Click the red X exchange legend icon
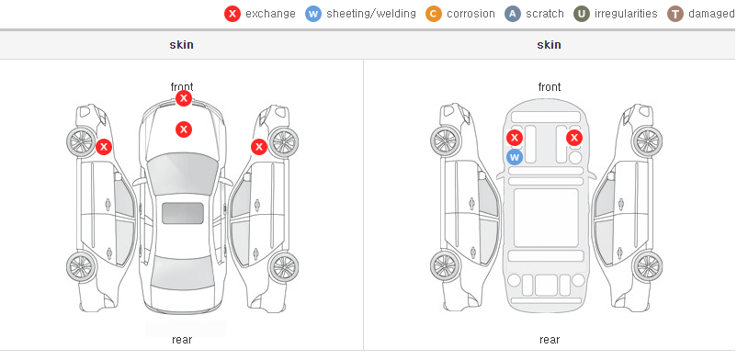(232, 14)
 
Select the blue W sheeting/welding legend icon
(313, 14)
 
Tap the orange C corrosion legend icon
(434, 14)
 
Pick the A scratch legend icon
(513, 14)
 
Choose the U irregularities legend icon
(582, 14)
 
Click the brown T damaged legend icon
(675, 14)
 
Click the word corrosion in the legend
(471, 14)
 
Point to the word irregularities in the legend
(626, 14)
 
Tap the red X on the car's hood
(184, 129)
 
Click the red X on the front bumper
(184, 98)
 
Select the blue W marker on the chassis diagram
(515, 157)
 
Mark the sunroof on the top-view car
(183, 213)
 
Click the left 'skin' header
(181, 45)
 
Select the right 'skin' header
(549, 45)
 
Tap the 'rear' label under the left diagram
(182, 340)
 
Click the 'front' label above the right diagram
(550, 87)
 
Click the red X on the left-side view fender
(104, 147)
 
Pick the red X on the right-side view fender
(259, 147)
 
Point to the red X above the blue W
(515, 138)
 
